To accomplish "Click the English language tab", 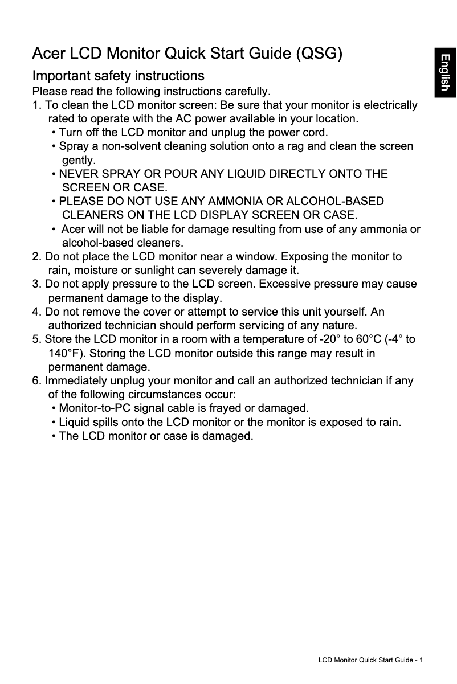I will point(445,73).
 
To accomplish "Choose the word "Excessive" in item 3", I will point(283,284).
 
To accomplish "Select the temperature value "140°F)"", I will point(67,353).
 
